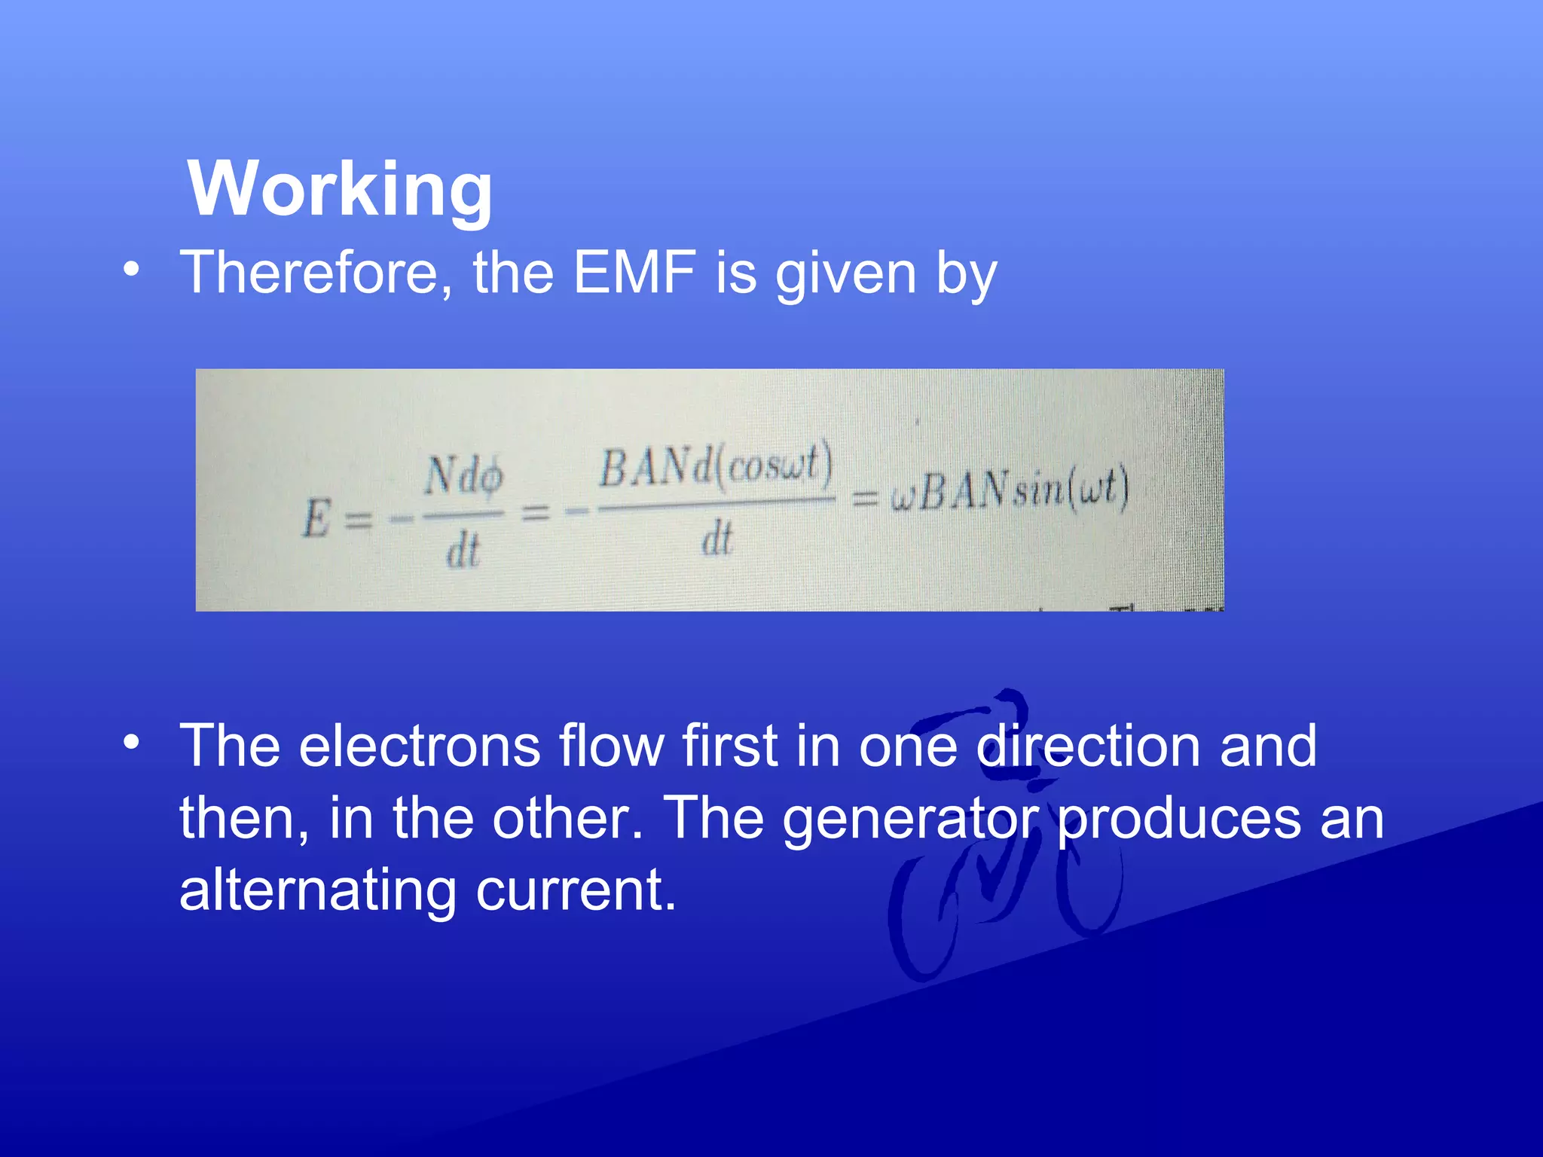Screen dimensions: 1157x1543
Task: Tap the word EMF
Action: [x=634, y=273]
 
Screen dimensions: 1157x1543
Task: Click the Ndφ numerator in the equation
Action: [x=463, y=477]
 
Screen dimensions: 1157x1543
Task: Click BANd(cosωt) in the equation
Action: [x=716, y=467]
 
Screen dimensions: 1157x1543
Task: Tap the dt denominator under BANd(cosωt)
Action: [x=717, y=540]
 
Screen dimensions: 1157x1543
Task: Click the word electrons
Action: [x=419, y=746]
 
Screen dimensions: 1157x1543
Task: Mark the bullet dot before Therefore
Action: [x=133, y=270]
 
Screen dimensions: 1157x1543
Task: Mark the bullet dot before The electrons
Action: [x=133, y=743]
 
